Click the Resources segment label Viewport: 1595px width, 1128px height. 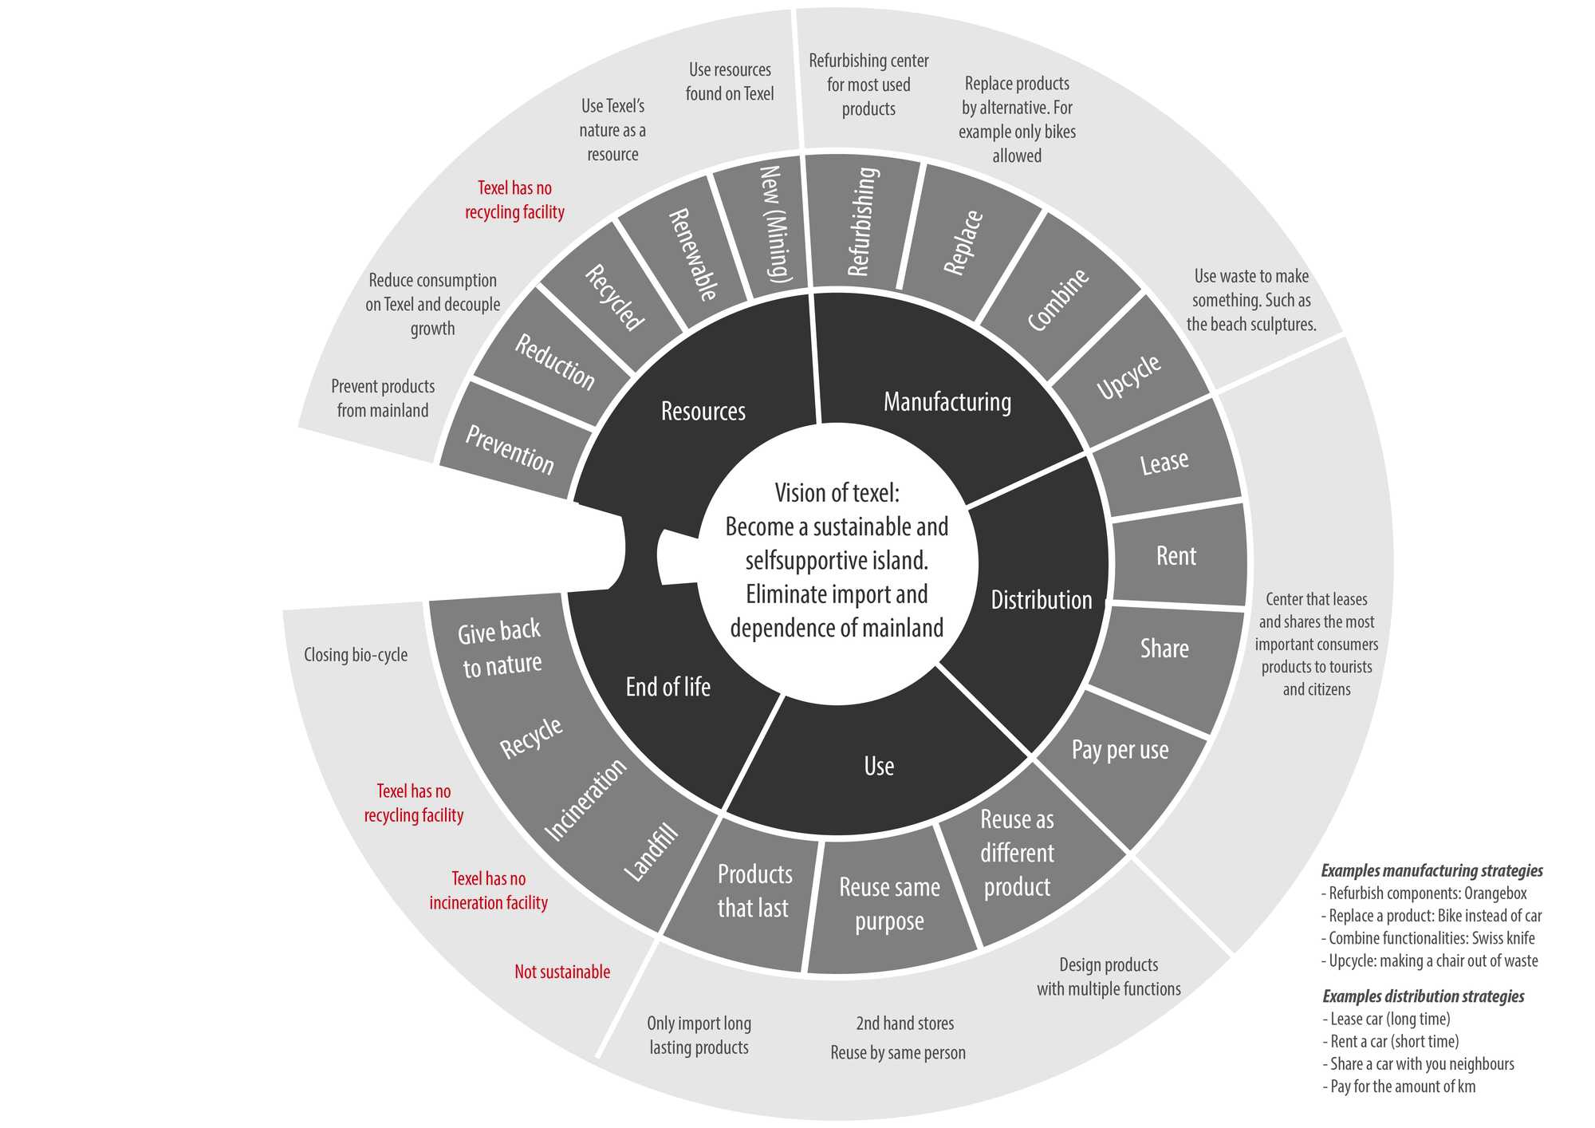click(x=703, y=411)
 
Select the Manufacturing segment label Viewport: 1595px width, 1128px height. click(x=947, y=401)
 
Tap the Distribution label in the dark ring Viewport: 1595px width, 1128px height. click(x=1041, y=600)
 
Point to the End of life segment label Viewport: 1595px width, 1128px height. click(x=668, y=687)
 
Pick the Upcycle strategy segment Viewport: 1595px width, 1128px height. click(x=1128, y=377)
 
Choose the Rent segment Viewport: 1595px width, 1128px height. click(x=1176, y=556)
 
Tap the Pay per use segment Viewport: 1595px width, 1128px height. click(x=1120, y=750)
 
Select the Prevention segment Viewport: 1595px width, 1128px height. click(x=510, y=449)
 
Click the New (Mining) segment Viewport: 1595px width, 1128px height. click(x=774, y=224)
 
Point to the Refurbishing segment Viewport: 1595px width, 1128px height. click(x=864, y=222)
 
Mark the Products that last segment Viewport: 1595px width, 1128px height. click(x=754, y=891)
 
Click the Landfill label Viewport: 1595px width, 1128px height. click(x=652, y=853)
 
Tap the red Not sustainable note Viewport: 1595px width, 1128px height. click(x=562, y=972)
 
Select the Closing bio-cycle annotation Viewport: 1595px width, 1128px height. click(x=356, y=655)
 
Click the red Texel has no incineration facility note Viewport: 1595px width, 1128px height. click(x=489, y=890)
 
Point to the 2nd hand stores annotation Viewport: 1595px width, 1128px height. click(x=904, y=1023)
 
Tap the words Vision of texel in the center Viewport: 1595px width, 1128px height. click(x=837, y=493)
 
